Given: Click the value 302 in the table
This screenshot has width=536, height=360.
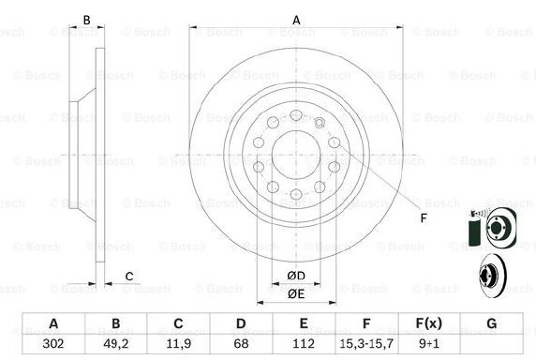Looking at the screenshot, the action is click(53, 343).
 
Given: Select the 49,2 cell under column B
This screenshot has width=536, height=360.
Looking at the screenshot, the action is click(116, 343).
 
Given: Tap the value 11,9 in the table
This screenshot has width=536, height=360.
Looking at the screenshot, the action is click(178, 343).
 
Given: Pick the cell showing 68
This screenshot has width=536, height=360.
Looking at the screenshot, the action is click(241, 343).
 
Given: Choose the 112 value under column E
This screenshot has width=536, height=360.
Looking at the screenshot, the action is click(304, 343).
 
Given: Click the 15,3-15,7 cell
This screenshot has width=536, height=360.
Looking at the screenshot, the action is click(366, 343).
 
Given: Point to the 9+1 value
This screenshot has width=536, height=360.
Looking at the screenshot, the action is click(429, 343).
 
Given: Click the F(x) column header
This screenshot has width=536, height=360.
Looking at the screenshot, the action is click(428, 323).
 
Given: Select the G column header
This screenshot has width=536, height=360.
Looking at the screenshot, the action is click(492, 323).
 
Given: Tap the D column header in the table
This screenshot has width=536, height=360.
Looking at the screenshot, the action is click(241, 323).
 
